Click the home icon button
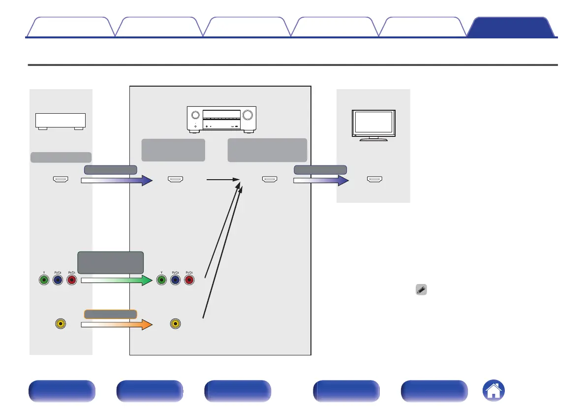(495, 391)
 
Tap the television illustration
(373, 124)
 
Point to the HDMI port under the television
(374, 180)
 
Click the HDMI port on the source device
(61, 180)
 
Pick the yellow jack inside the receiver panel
(174, 324)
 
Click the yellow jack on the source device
(61, 324)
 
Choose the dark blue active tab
(510, 28)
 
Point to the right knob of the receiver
(247, 116)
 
